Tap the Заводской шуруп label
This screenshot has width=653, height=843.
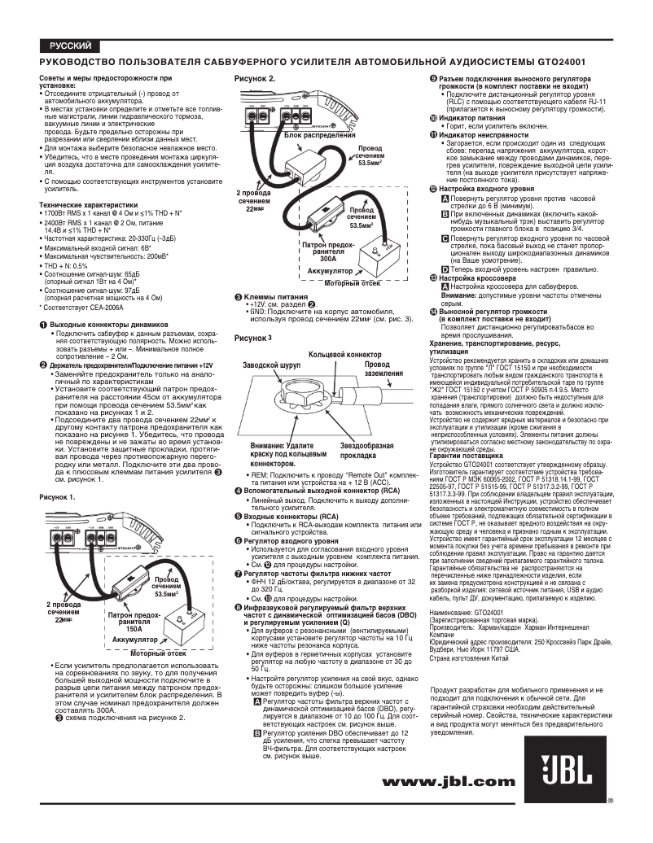tap(272, 367)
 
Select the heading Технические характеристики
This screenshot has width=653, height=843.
tap(89, 205)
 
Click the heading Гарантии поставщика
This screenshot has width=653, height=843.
tap(467, 456)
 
